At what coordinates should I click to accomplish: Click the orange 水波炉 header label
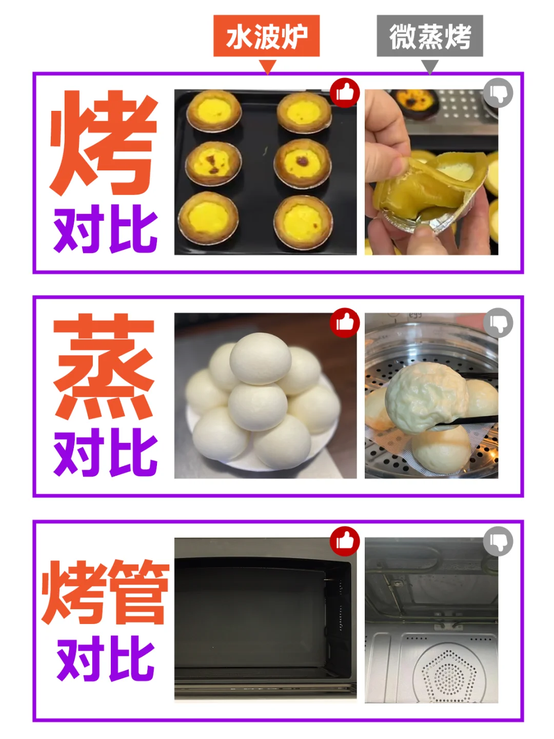click(266, 36)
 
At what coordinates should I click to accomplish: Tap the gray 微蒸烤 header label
click(429, 36)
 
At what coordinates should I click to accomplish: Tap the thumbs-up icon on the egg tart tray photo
click(344, 93)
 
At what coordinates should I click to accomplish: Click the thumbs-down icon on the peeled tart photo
click(498, 93)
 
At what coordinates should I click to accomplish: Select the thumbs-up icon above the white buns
click(344, 322)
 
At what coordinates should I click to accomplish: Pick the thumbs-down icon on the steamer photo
click(498, 322)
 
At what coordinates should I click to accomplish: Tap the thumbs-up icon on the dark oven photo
click(344, 541)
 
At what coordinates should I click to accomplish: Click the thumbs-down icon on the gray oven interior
click(498, 541)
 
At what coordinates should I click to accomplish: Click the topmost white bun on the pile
click(261, 359)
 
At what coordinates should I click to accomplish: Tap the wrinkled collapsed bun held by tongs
click(426, 399)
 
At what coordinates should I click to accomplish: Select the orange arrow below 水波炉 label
click(268, 67)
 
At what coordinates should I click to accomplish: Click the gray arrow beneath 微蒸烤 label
click(430, 67)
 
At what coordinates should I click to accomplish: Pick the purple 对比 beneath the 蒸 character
click(106, 452)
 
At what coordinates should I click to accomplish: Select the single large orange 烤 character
click(104, 143)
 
